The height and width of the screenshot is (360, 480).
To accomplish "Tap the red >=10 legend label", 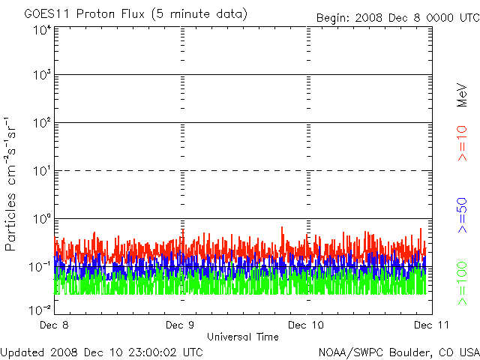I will tap(462, 142).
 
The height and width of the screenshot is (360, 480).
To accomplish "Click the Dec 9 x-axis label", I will tap(180, 325).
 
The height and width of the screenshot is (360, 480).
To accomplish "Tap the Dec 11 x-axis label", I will tap(429, 325).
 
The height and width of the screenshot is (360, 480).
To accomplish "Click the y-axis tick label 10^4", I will tap(42, 30).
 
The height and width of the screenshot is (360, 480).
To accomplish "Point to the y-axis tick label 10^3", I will tap(42, 75).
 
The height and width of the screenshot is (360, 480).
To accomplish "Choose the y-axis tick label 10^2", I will tap(42, 122).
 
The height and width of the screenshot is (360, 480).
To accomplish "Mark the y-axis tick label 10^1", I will tap(42, 171).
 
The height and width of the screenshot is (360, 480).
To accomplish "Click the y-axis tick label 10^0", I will tap(42, 218).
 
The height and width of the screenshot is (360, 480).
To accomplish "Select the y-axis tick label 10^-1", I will tap(40, 266).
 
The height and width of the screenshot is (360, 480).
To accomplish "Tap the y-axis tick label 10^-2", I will tap(40, 309).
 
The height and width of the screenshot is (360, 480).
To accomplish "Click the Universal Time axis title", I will tap(243, 337).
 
